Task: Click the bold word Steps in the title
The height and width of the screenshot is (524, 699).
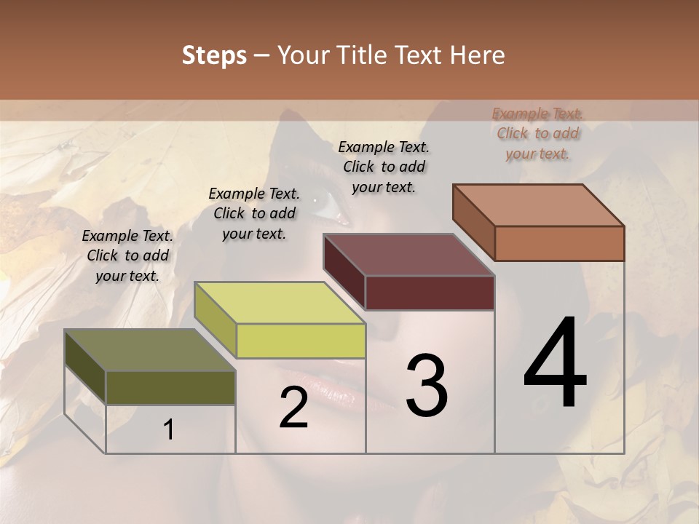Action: pyautogui.click(x=214, y=55)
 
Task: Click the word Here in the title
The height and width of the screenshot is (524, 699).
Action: pyautogui.click(x=478, y=55)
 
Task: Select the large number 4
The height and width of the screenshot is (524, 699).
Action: pyautogui.click(x=555, y=364)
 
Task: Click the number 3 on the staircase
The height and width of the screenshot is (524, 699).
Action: pyautogui.click(x=427, y=385)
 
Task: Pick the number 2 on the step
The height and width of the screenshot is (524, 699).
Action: pyautogui.click(x=293, y=408)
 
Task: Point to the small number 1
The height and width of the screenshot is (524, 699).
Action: pyautogui.click(x=169, y=430)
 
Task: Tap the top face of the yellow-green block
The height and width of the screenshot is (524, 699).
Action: pyautogui.click(x=280, y=303)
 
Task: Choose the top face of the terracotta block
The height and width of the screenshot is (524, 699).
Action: pyautogui.click(x=539, y=205)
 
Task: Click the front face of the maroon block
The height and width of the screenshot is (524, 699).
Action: pyautogui.click(x=430, y=293)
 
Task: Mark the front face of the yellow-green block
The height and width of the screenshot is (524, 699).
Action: pyautogui.click(x=301, y=341)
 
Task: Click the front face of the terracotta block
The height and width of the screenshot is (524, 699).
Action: pyautogui.click(x=559, y=243)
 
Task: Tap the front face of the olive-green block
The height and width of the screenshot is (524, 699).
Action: pyautogui.click(x=170, y=387)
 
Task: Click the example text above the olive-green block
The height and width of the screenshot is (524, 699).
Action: pyautogui.click(x=127, y=255)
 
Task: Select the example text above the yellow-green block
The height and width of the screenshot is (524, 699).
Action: pyautogui.click(x=254, y=213)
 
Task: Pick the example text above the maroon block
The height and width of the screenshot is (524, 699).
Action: pyautogui.click(x=384, y=167)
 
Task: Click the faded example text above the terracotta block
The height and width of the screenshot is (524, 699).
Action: pyautogui.click(x=537, y=133)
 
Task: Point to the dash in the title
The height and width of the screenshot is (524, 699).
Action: pyautogui.click(x=261, y=56)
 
